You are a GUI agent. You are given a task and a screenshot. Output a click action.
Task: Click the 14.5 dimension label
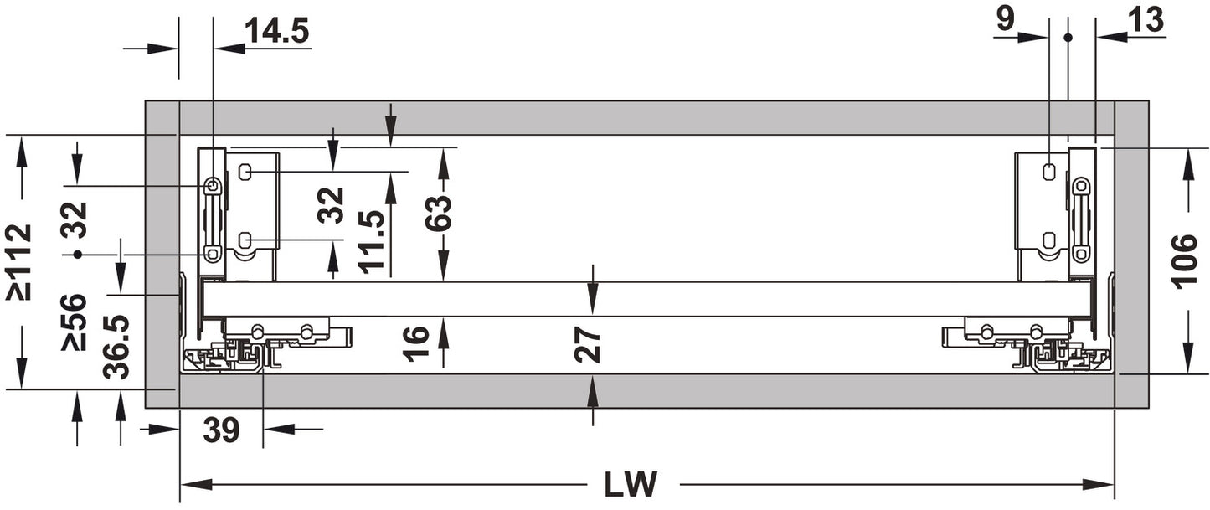277,31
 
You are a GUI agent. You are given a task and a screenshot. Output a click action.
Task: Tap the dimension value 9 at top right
1005,20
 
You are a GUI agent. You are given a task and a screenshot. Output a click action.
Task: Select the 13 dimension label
1146,20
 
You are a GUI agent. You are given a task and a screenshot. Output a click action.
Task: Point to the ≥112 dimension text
19,262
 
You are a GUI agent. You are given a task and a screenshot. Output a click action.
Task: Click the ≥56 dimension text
74,322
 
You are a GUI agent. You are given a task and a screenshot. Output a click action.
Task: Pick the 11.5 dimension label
371,242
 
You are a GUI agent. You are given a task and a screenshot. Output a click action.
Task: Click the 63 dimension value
438,213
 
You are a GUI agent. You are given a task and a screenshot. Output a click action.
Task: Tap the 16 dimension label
416,343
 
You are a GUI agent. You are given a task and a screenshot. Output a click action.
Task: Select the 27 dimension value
588,345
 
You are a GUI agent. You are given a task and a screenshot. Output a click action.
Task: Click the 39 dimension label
221,430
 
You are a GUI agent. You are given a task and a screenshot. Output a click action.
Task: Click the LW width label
631,484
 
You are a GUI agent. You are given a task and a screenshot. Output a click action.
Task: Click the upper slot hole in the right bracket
1048,172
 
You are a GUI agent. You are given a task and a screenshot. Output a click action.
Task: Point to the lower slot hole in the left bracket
245,240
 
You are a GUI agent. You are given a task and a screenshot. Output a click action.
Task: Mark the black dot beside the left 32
79,254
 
